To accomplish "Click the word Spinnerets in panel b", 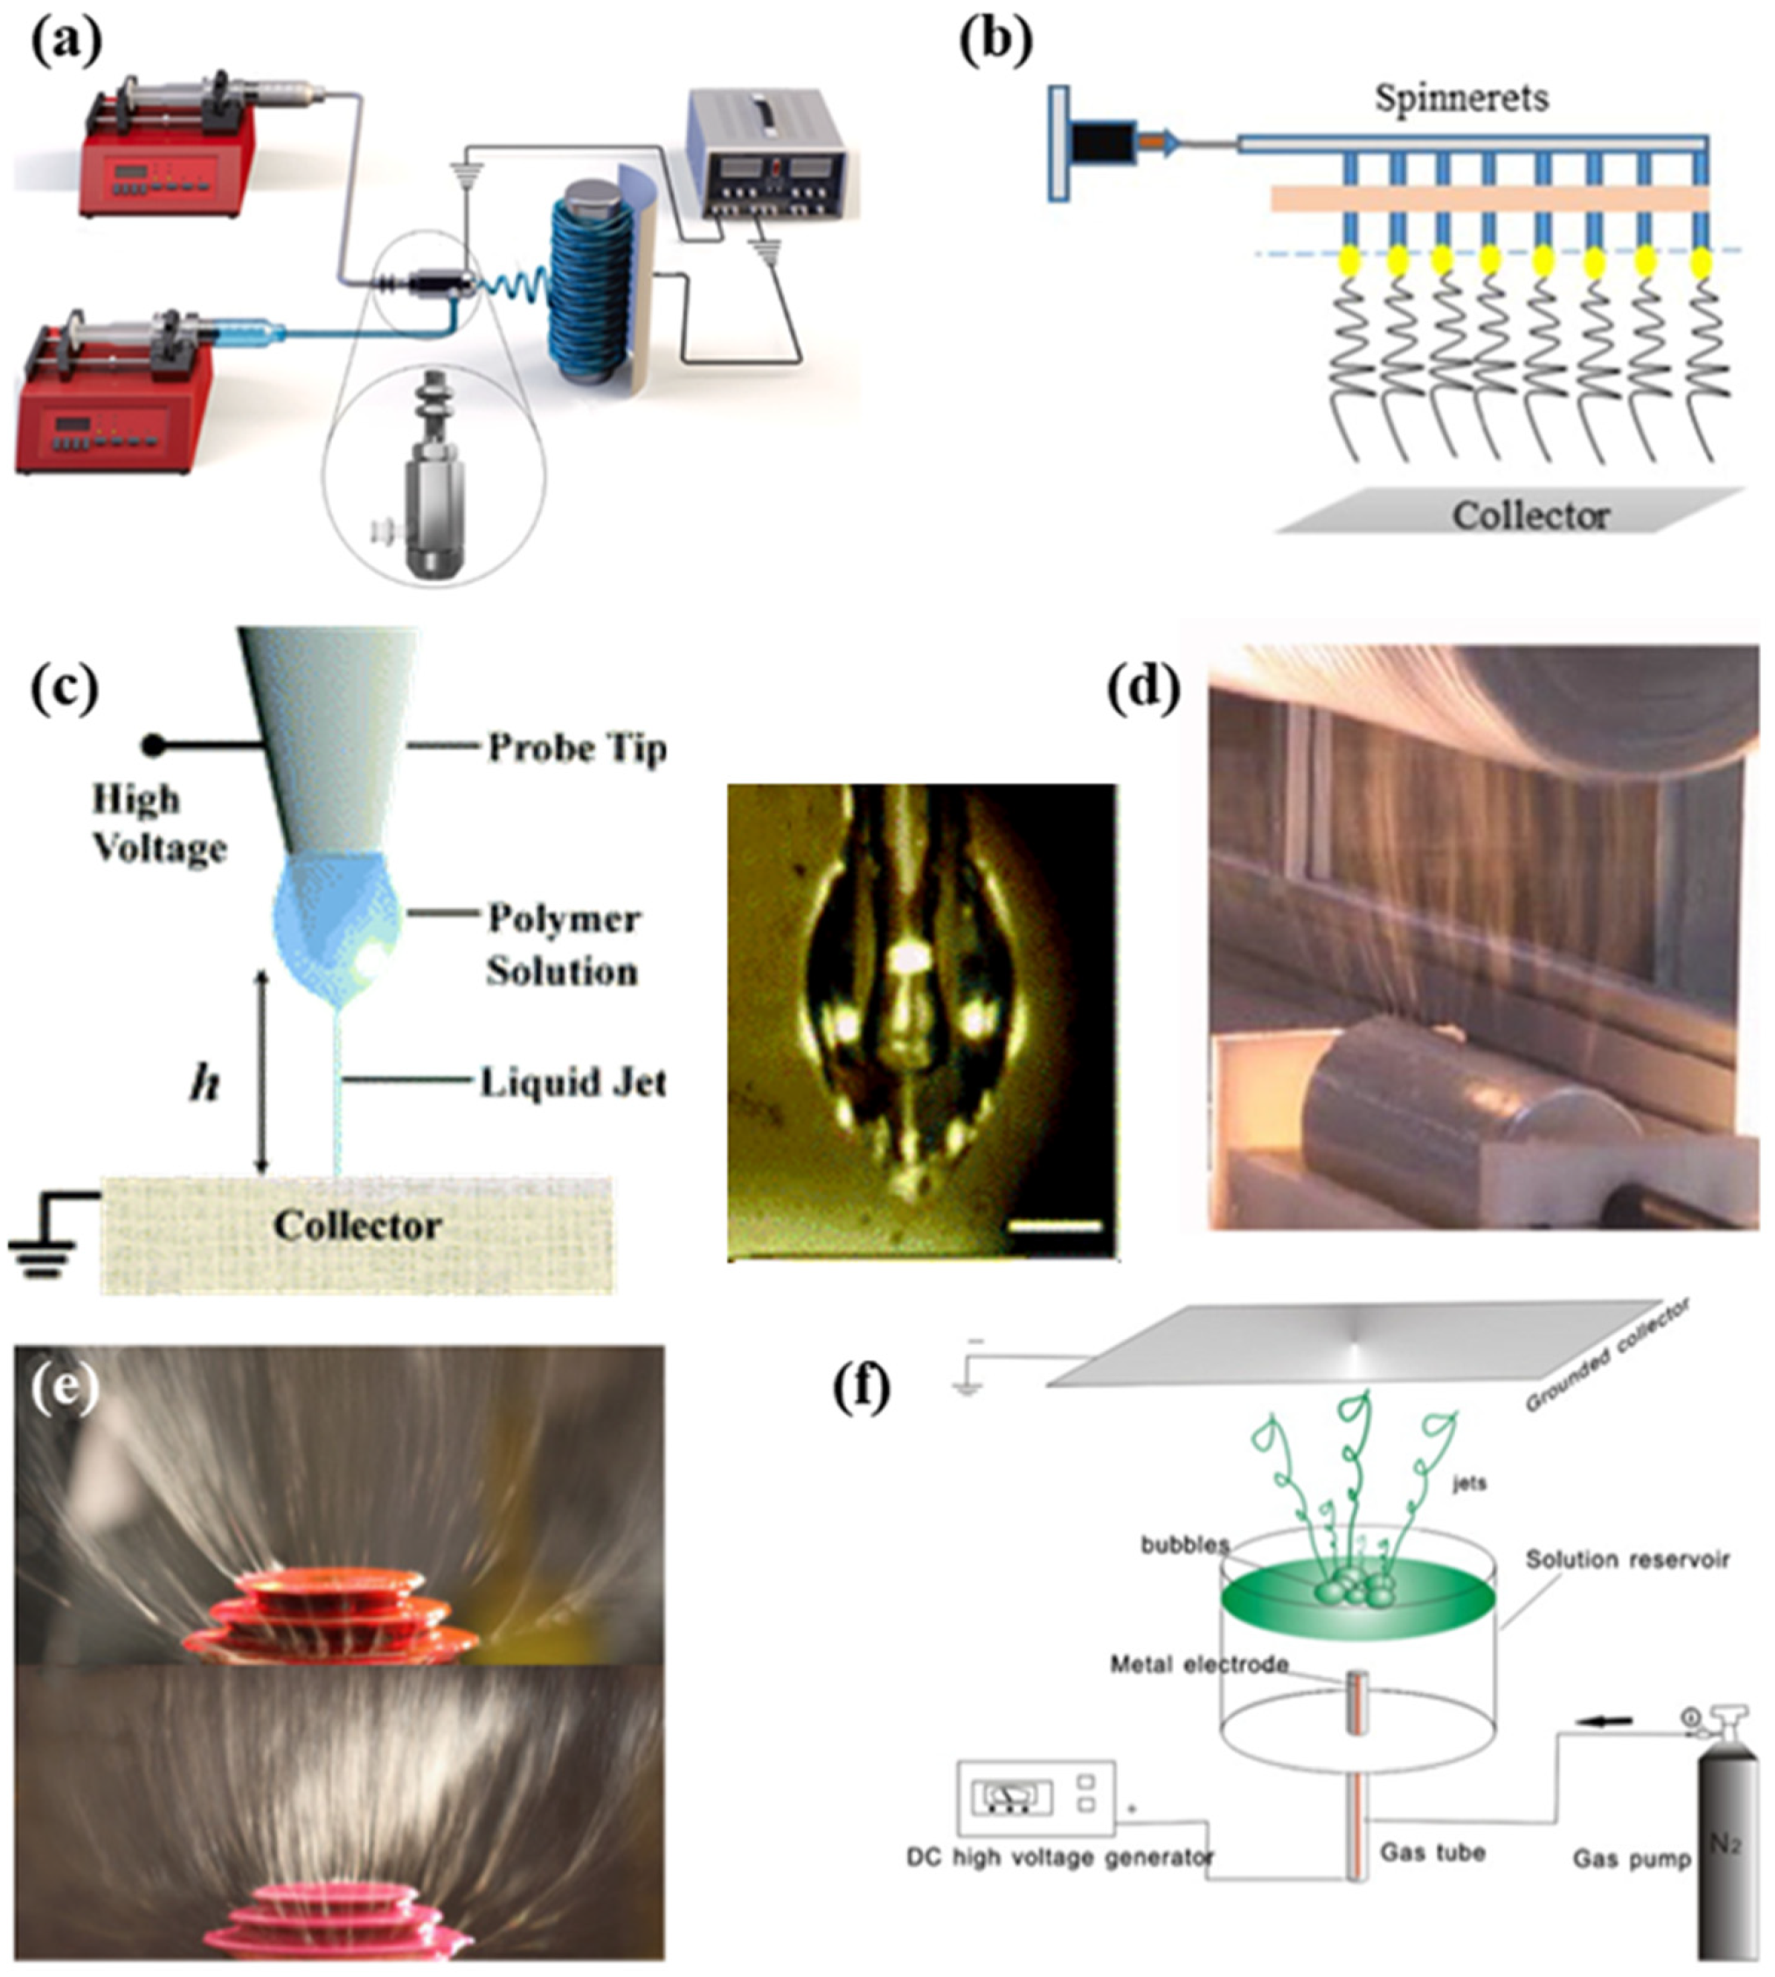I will pyautogui.click(x=1461, y=99).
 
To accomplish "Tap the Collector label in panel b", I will pyautogui.click(x=1529, y=515).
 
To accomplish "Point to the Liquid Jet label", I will pyautogui.click(x=572, y=1083).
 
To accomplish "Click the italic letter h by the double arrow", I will pyautogui.click(x=204, y=1084).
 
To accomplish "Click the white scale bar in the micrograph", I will pyautogui.click(x=1053, y=1225).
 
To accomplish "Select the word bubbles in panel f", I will pyautogui.click(x=1185, y=1545).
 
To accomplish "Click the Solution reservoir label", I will pyautogui.click(x=1626, y=1559).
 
